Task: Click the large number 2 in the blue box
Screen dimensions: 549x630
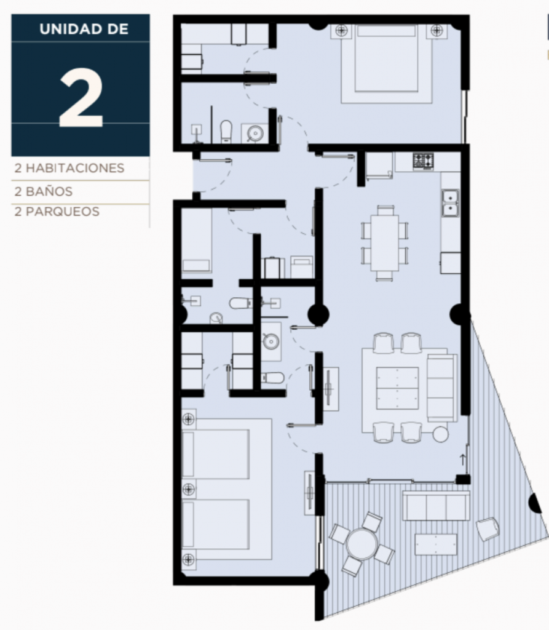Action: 81,98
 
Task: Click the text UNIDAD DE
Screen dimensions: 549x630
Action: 84,30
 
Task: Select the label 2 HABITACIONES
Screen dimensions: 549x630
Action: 69,168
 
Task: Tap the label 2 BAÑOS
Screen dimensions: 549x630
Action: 44,191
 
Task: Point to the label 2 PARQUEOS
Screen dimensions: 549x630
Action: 57,212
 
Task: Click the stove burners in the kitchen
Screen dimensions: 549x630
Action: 423,161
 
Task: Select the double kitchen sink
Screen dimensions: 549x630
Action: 450,203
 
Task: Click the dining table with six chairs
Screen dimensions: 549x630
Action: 384,242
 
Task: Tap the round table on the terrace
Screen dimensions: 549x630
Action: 362,544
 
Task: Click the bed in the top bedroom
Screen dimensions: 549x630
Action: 386,63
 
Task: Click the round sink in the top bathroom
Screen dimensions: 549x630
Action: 255,133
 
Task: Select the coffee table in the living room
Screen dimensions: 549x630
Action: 397,388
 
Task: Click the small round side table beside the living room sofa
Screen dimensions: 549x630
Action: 440,434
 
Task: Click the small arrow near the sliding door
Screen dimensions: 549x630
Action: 463,459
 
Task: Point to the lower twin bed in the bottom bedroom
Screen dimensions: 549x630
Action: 215,524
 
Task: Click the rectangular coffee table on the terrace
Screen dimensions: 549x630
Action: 436,544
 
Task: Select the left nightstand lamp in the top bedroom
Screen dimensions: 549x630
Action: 341,30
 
